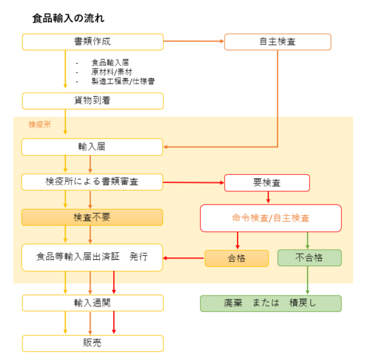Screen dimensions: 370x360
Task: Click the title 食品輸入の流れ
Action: tap(69, 19)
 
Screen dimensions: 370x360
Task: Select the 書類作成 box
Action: tap(92, 42)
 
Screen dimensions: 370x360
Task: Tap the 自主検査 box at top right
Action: tap(277, 42)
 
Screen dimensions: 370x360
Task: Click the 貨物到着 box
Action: tap(92, 101)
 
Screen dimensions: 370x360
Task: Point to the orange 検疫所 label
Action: tap(40, 125)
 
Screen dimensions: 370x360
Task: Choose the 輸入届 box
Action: tap(92, 147)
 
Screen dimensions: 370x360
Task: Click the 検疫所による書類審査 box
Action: tap(92, 182)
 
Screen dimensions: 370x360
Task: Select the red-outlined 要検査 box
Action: tap(267, 182)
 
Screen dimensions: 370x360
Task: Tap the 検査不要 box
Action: tap(92, 217)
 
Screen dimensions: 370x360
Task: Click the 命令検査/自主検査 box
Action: tap(271, 218)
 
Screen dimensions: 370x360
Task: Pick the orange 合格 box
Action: tap(236, 259)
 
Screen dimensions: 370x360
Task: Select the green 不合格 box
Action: tap(310, 258)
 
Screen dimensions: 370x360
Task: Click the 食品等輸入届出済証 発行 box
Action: tap(92, 257)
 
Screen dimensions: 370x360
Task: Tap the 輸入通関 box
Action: tap(92, 303)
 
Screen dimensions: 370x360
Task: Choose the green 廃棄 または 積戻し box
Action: tap(271, 303)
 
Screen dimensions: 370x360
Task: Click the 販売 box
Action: tap(92, 344)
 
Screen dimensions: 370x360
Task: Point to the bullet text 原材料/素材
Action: tap(112, 72)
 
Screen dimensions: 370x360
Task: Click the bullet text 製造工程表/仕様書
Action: tap(123, 82)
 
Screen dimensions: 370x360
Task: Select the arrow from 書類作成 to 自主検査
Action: tap(194, 41)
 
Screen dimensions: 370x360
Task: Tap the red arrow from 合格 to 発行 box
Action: tap(184, 259)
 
